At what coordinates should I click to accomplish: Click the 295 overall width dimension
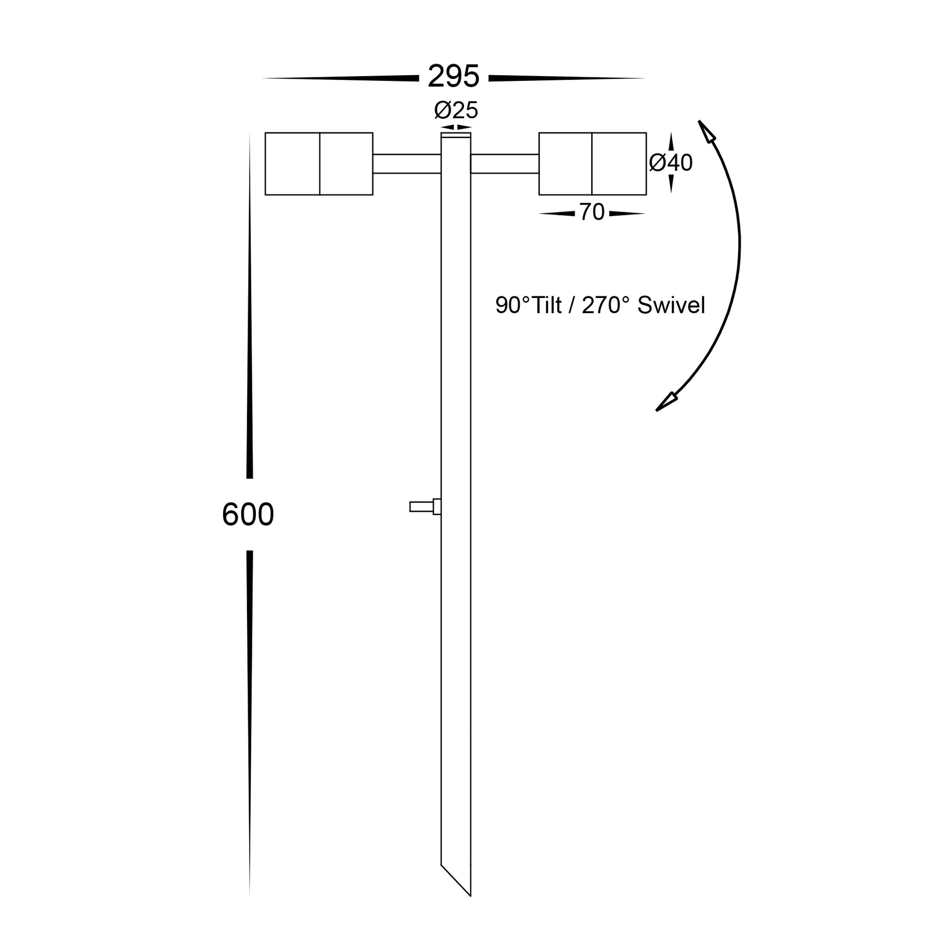[454, 77]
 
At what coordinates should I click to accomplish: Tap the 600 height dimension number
[248, 515]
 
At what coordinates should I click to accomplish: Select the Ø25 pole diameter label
[456, 111]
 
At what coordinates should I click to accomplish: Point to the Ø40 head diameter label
[671, 163]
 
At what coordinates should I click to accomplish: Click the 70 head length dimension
[592, 212]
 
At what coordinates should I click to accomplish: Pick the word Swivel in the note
[671, 305]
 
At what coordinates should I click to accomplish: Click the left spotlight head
[319, 163]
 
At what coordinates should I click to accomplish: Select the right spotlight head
[592, 163]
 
